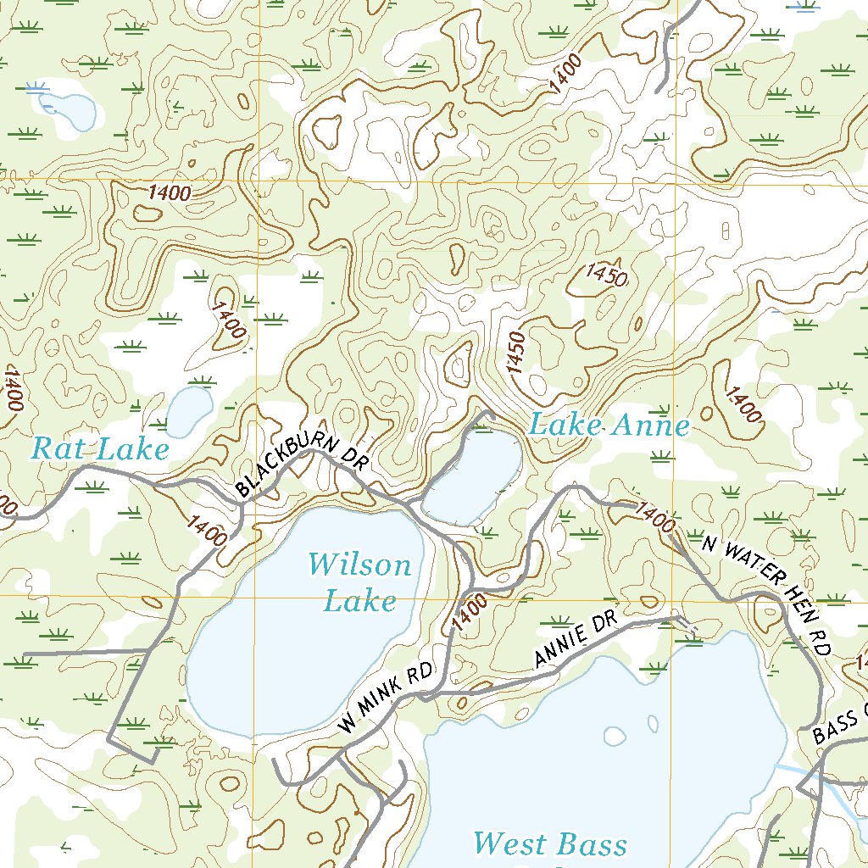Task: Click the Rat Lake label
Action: (x=100, y=448)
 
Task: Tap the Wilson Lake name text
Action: (x=359, y=582)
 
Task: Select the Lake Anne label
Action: (x=609, y=425)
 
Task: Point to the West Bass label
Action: (x=550, y=844)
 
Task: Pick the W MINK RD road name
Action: (x=386, y=698)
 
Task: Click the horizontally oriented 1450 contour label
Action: (x=606, y=276)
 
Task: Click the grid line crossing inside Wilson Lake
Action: (x=253, y=596)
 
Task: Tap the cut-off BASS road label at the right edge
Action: (x=839, y=726)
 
